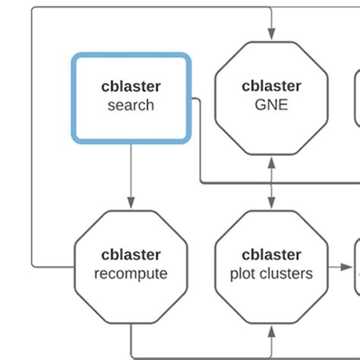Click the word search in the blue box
130,105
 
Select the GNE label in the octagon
271,105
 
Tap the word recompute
130,273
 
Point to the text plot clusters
271,273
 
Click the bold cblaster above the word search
130,86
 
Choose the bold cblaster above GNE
271,86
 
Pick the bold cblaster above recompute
130,254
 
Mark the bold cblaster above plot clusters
271,254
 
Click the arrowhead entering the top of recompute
130,204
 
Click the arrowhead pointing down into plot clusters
271,204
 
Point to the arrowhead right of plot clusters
349,267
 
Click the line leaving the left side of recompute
53,267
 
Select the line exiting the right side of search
195,99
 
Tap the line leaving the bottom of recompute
130,338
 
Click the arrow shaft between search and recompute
130,171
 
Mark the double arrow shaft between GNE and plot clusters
271,182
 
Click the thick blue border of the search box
74,99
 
